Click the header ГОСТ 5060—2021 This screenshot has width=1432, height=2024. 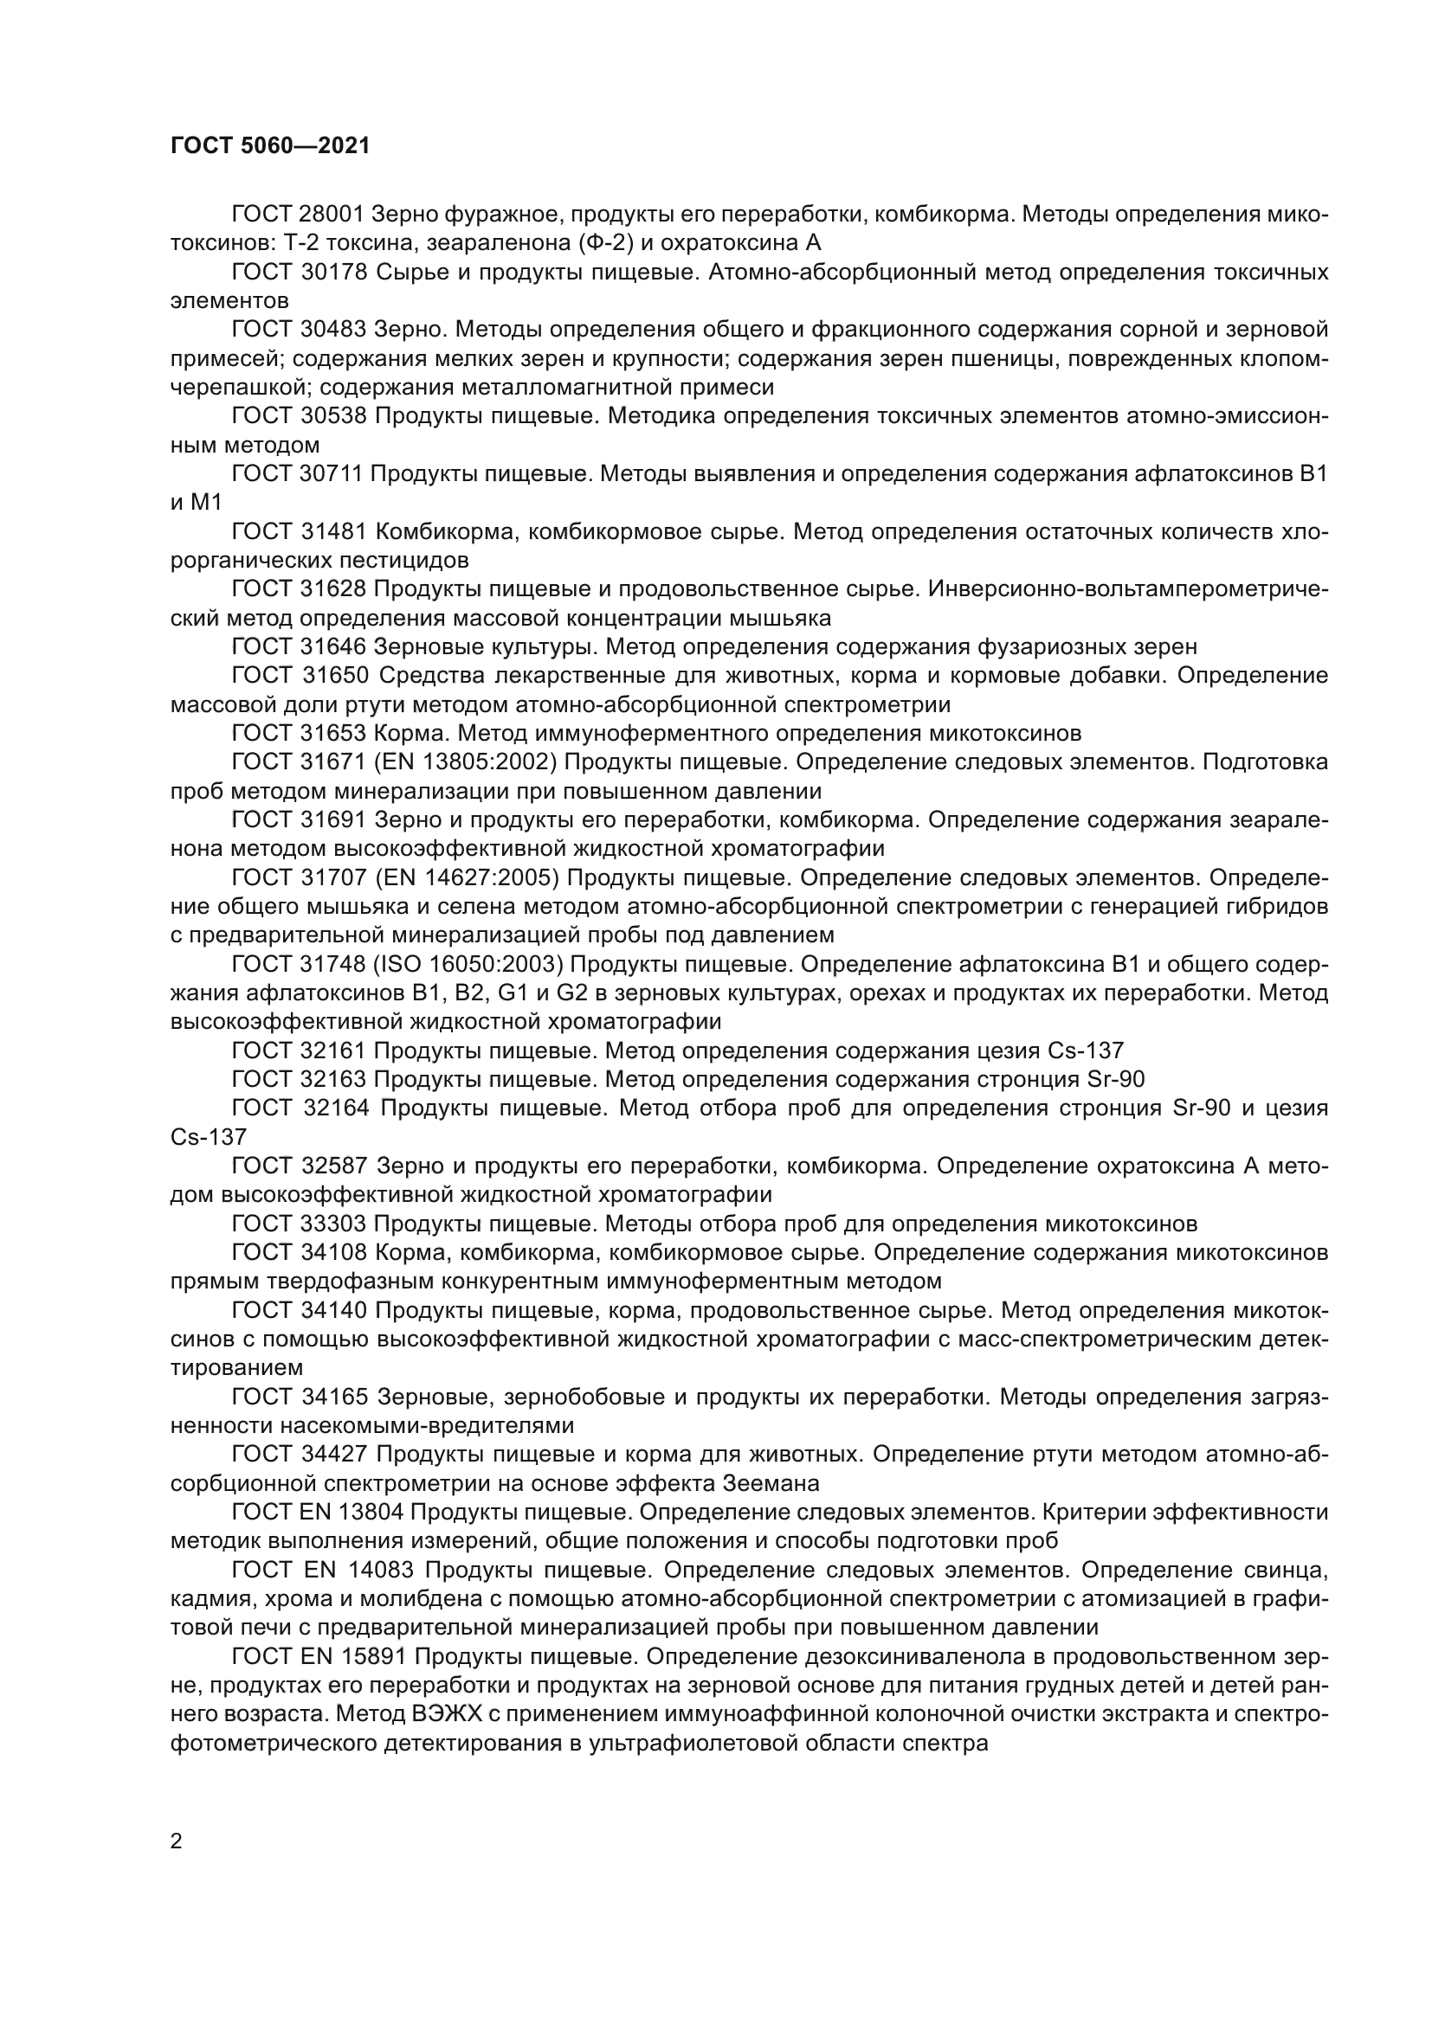pyautogui.click(x=270, y=146)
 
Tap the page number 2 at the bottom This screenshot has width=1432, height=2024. pyautogui.click(x=177, y=1841)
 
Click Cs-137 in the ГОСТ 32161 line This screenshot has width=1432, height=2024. pyautogui.click(x=1086, y=1051)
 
